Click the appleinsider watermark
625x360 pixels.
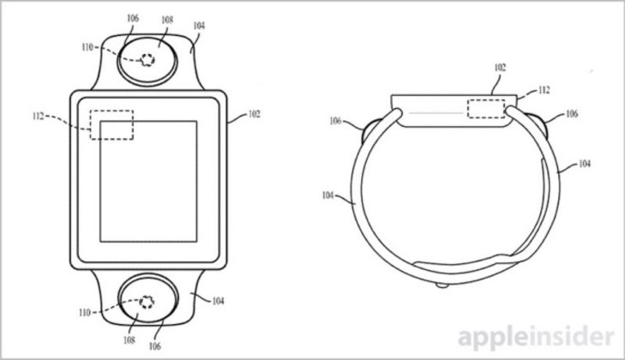click(537, 338)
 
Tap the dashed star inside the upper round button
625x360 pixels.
click(147, 60)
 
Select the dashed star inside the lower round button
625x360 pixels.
click(147, 302)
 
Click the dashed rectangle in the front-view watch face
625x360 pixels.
click(111, 125)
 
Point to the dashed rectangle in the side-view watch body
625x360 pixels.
click(486, 109)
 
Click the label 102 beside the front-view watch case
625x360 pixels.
click(254, 114)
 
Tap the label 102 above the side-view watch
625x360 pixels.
click(500, 68)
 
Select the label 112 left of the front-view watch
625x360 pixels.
click(39, 117)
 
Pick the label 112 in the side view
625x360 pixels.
click(544, 90)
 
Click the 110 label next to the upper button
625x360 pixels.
click(87, 47)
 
